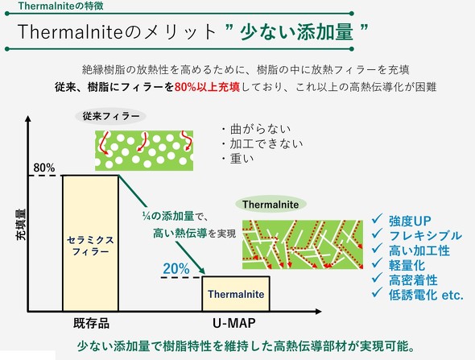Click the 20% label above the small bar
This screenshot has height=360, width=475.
point(176,269)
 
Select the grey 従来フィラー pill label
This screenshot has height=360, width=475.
point(112,116)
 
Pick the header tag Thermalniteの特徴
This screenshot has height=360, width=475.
point(51,6)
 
